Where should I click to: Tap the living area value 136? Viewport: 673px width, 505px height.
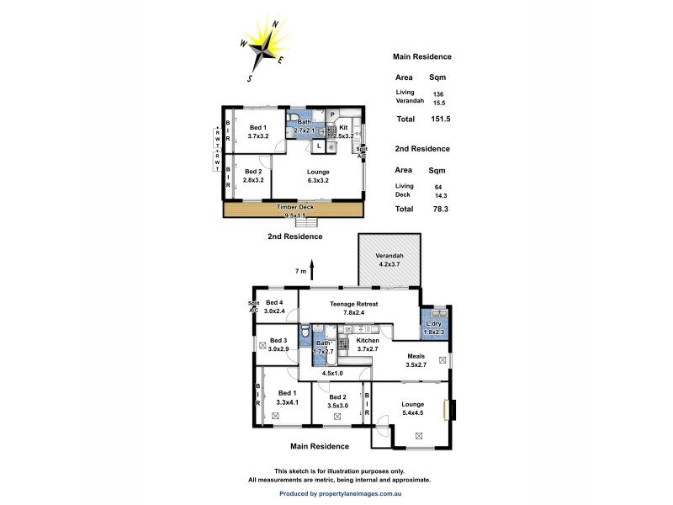point(438,93)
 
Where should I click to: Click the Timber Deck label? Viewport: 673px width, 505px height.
point(294,206)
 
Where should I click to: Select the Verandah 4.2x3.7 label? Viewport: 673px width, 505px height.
point(389,259)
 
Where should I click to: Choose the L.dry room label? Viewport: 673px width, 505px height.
point(434,328)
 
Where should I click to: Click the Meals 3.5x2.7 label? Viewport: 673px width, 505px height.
point(417,360)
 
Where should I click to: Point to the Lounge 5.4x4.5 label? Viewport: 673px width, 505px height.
point(413,408)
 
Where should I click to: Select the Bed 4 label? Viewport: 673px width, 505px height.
point(275,306)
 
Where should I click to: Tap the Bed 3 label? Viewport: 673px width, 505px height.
point(279,344)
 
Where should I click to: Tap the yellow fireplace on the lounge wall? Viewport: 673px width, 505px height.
point(451,409)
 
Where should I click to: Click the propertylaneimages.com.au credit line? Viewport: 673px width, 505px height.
point(340,494)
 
